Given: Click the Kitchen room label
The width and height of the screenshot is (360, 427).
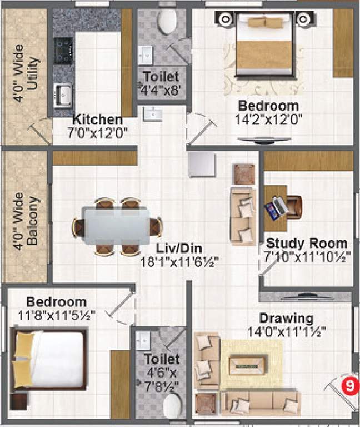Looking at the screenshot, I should pyautogui.click(x=97, y=120).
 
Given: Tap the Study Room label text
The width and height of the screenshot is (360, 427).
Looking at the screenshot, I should pyautogui.click(x=306, y=244).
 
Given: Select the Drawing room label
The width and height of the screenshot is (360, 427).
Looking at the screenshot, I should pyautogui.click(x=286, y=319).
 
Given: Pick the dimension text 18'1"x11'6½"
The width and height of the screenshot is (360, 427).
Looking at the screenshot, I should pyautogui.click(x=178, y=262).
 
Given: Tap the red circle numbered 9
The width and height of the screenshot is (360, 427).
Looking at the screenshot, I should pyautogui.click(x=348, y=386).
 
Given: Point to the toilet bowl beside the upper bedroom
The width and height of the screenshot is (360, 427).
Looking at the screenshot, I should pyautogui.click(x=167, y=21).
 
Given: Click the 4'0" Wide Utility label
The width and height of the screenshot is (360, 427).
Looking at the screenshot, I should pyautogui.click(x=27, y=78).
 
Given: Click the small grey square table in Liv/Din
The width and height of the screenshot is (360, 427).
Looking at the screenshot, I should pyautogui.click(x=201, y=164).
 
